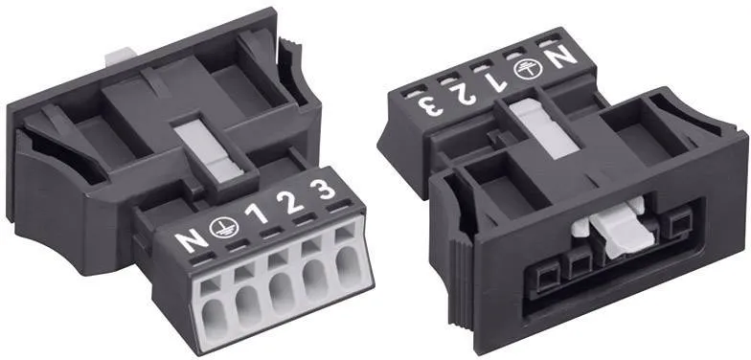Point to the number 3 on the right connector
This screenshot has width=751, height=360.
coord(429,105)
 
